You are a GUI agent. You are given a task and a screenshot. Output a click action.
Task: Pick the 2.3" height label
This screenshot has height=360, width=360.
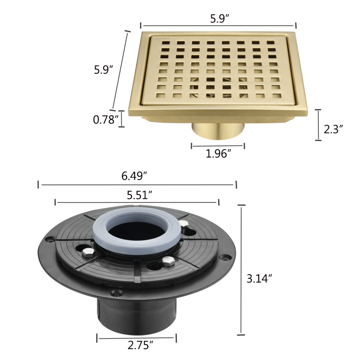(x=333, y=130)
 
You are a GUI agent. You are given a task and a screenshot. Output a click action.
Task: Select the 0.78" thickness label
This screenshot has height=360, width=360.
(x=104, y=120)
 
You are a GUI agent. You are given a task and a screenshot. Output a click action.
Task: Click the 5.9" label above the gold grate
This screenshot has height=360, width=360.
(x=219, y=19)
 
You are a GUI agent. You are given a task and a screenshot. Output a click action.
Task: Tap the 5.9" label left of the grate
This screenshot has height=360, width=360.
(x=103, y=70)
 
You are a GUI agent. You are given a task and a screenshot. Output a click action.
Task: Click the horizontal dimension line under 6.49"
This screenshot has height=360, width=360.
(x=137, y=185)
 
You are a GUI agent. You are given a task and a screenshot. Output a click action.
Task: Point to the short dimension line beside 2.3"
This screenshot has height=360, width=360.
(x=318, y=124)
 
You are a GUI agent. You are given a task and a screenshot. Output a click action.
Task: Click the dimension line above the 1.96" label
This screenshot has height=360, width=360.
(x=218, y=146)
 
